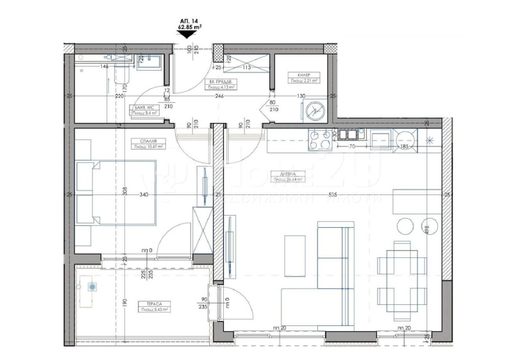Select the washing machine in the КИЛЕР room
click(x=315, y=110)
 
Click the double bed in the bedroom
click(x=116, y=193)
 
